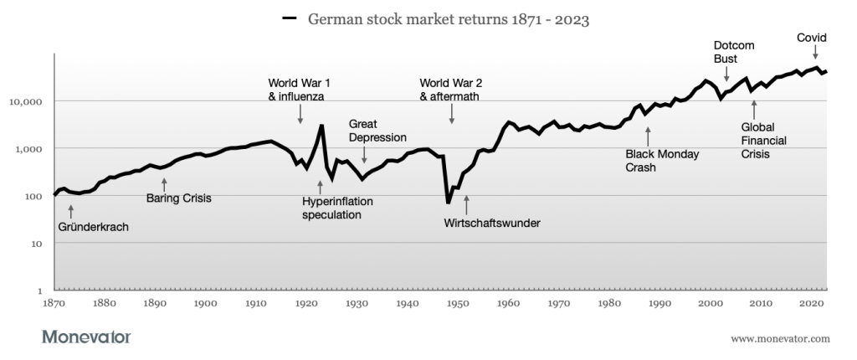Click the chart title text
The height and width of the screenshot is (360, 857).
449,19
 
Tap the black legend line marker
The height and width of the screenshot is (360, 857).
290,18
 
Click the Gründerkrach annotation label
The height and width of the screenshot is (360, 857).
94,226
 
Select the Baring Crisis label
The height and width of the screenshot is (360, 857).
178,198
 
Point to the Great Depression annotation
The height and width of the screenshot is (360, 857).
377,130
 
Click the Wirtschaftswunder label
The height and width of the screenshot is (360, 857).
492,224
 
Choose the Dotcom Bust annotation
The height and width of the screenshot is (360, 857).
727,52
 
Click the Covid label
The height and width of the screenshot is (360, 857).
812,38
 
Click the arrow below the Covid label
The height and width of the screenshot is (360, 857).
816,54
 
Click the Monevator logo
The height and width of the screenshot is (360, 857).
86,337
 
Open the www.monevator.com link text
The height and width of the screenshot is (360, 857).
780,338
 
